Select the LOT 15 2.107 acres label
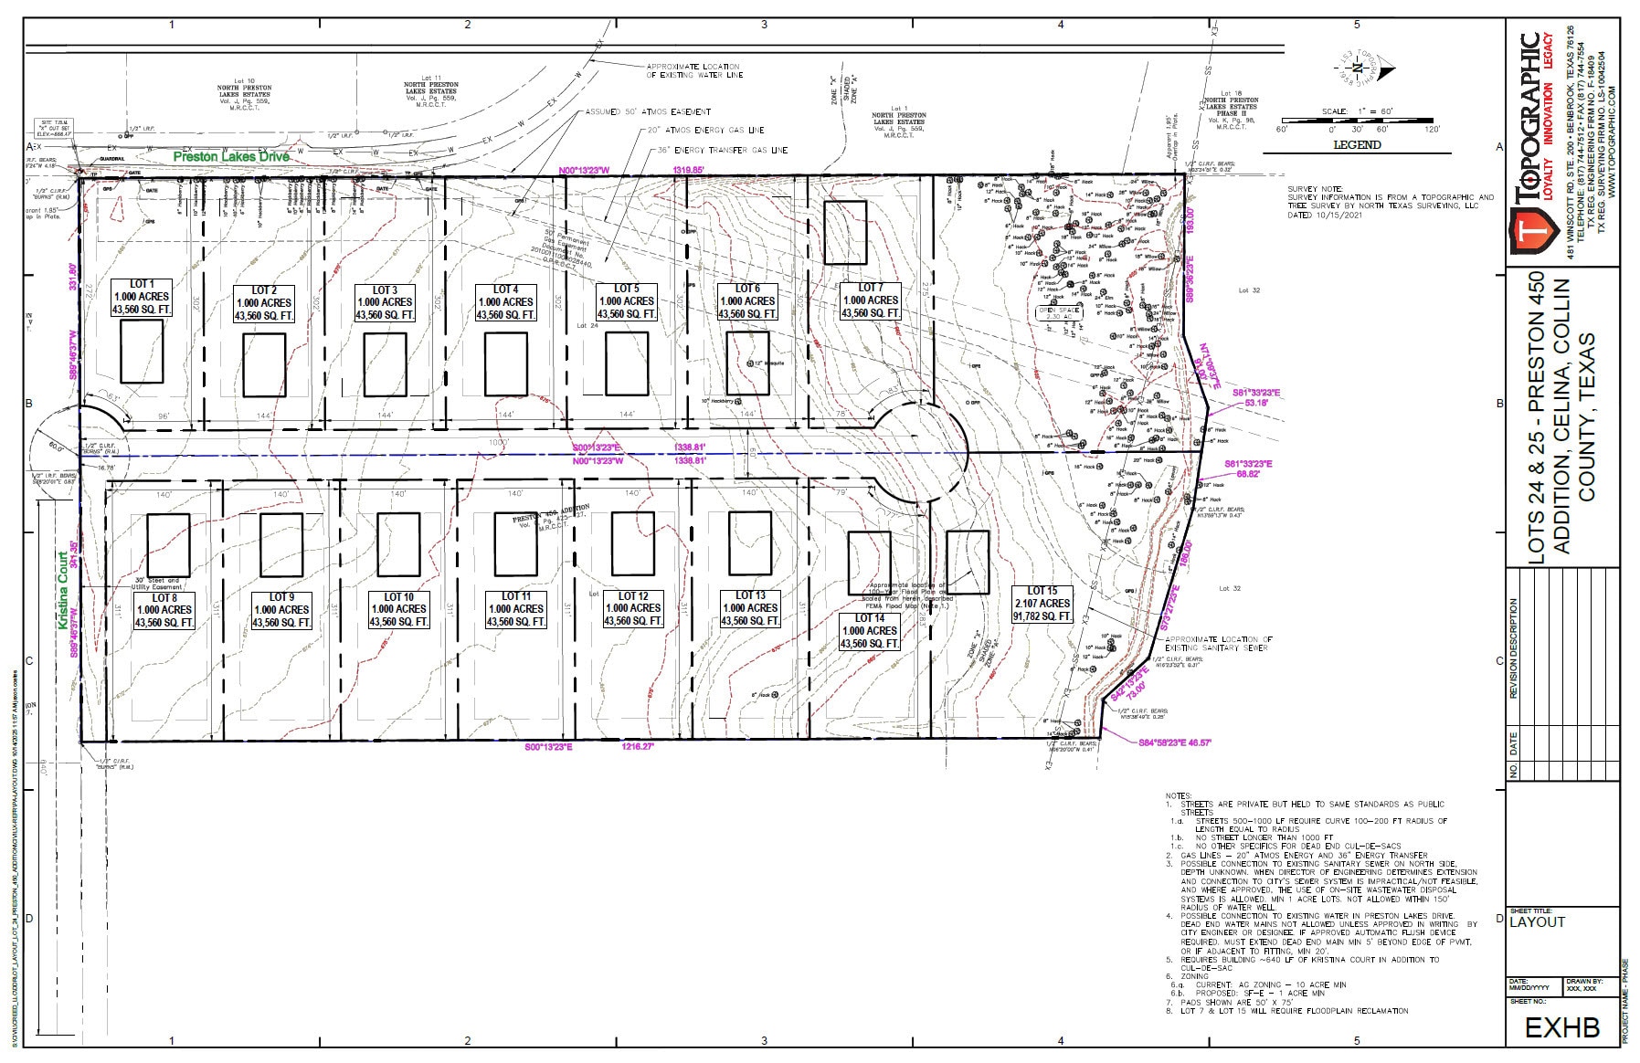coord(1042,604)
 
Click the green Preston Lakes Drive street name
coord(232,157)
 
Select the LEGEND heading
coord(1357,144)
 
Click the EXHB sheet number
coord(1562,1027)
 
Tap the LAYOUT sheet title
coord(1538,922)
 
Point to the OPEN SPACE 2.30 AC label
coord(1058,312)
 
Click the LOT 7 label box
coord(871,300)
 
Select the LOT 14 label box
coord(870,631)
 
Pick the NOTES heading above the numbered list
coord(1179,796)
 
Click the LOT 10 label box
coord(399,609)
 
